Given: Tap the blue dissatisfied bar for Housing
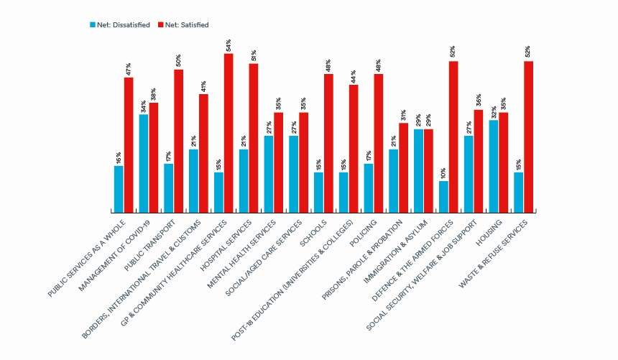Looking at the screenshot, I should tap(494, 166).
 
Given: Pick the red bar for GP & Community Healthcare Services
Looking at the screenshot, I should tap(229, 133).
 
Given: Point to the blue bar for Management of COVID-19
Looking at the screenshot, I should tap(144, 163).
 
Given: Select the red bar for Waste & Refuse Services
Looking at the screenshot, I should tap(528, 137).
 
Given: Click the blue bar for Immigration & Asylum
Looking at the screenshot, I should tap(419, 170).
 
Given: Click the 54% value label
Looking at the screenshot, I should tap(229, 45).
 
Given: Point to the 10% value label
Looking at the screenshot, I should tap(444, 172).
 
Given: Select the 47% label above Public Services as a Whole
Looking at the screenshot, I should tap(129, 69).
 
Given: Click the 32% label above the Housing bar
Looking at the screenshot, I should tap(494, 112).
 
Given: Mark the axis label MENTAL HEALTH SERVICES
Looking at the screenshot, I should tap(248, 251).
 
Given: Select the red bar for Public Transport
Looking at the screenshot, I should tap(178, 141).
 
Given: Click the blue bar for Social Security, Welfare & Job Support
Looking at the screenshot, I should tap(469, 174).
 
